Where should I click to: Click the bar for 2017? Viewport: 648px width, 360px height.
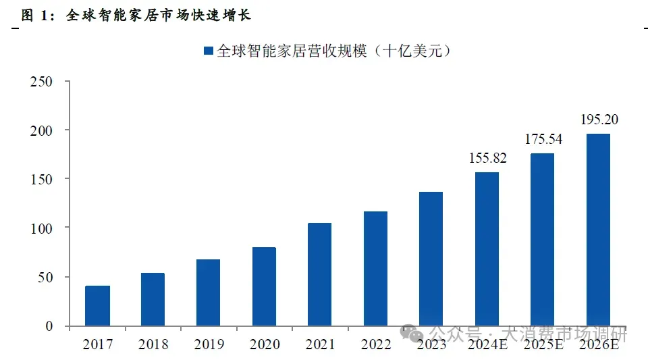[x=97, y=305]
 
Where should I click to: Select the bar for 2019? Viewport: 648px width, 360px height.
[x=209, y=292]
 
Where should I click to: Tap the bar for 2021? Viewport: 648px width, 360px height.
[x=319, y=274]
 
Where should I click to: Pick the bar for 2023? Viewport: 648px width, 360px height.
[x=431, y=259]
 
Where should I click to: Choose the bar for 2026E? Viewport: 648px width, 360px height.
[x=598, y=230]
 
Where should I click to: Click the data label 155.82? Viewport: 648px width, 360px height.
[x=487, y=158]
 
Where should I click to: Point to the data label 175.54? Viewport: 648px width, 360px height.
[x=543, y=139]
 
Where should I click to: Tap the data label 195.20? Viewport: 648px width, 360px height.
[x=599, y=120]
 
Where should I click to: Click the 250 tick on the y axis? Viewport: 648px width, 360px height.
[x=41, y=82]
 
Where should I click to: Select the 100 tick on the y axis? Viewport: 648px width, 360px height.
[x=41, y=228]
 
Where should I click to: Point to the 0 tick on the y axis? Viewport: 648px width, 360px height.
[x=49, y=326]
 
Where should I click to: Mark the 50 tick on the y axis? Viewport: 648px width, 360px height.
[x=45, y=278]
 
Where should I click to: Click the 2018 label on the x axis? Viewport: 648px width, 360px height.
[x=153, y=344]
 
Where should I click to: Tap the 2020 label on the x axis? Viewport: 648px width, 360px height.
[x=265, y=344]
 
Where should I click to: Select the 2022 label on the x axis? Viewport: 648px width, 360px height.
[x=376, y=344]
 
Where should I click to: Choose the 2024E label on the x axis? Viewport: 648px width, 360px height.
[x=487, y=344]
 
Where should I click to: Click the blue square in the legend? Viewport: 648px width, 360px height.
[x=209, y=51]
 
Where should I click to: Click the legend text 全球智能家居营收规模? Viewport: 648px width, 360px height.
[x=292, y=51]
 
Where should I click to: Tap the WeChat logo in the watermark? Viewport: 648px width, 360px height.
[x=412, y=334]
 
